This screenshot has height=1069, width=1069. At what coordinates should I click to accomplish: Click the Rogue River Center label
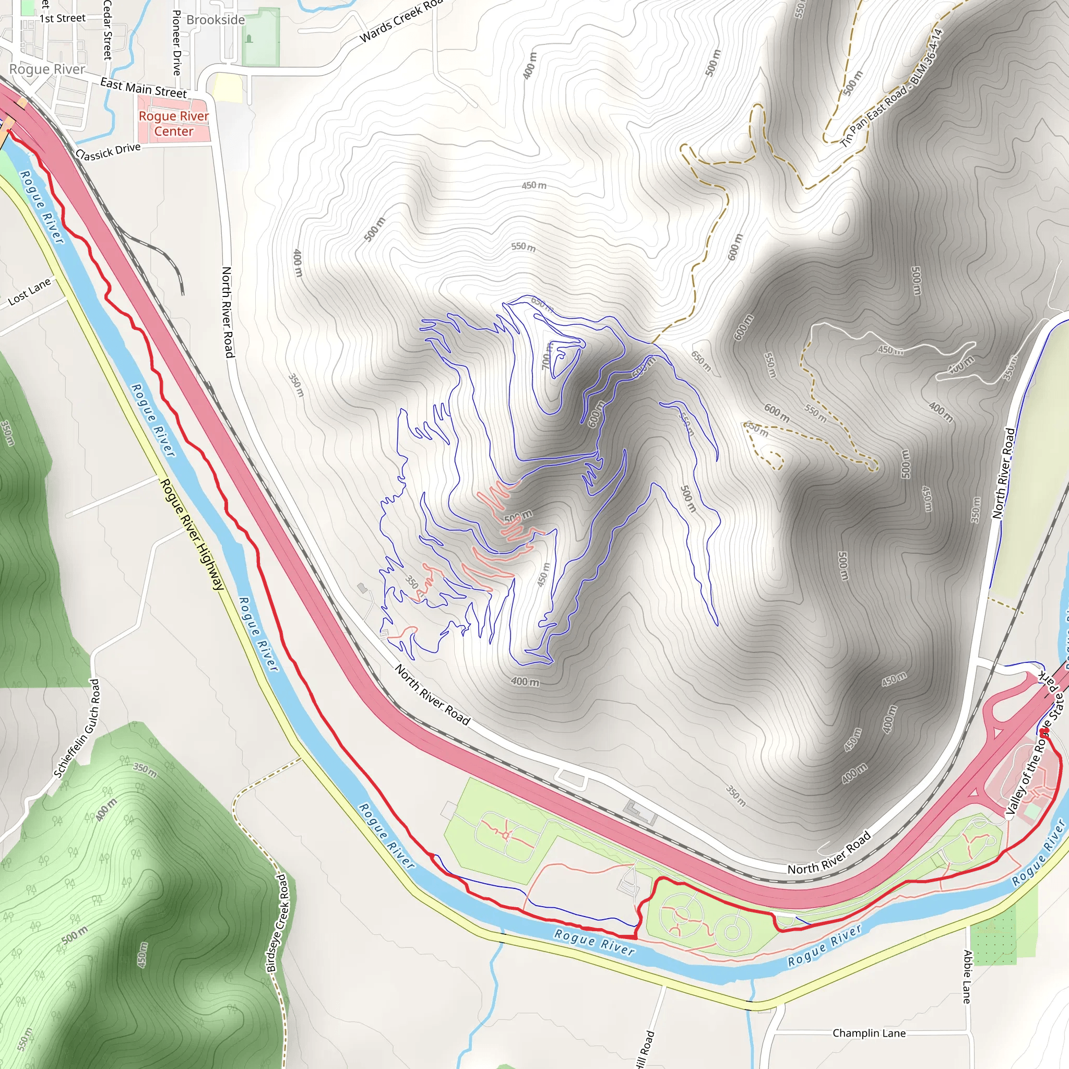click(174, 123)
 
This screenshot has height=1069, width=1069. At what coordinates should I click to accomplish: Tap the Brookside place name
click(215, 20)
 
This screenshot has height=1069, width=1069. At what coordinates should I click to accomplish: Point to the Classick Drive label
click(109, 151)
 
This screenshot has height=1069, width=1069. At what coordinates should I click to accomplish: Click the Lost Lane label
click(29, 292)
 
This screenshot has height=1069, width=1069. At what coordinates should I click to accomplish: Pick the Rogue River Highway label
click(192, 534)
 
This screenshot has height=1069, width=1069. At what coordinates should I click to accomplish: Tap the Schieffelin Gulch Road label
click(77, 729)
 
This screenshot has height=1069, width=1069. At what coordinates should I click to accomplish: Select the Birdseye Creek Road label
click(278, 922)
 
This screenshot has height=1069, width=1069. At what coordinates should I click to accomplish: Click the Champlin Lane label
click(869, 1033)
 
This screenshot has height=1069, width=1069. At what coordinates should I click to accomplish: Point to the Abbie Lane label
click(967, 977)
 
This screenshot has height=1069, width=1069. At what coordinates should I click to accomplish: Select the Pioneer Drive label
click(176, 43)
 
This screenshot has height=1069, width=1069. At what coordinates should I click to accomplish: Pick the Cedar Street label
click(108, 29)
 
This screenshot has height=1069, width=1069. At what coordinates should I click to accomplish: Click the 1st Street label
click(62, 18)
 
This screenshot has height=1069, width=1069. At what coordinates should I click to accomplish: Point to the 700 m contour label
click(547, 356)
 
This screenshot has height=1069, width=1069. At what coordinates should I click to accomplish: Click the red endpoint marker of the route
click(1043, 732)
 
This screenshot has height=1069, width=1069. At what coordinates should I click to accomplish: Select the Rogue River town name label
click(47, 69)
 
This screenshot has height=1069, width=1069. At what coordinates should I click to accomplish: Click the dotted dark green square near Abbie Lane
click(993, 933)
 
